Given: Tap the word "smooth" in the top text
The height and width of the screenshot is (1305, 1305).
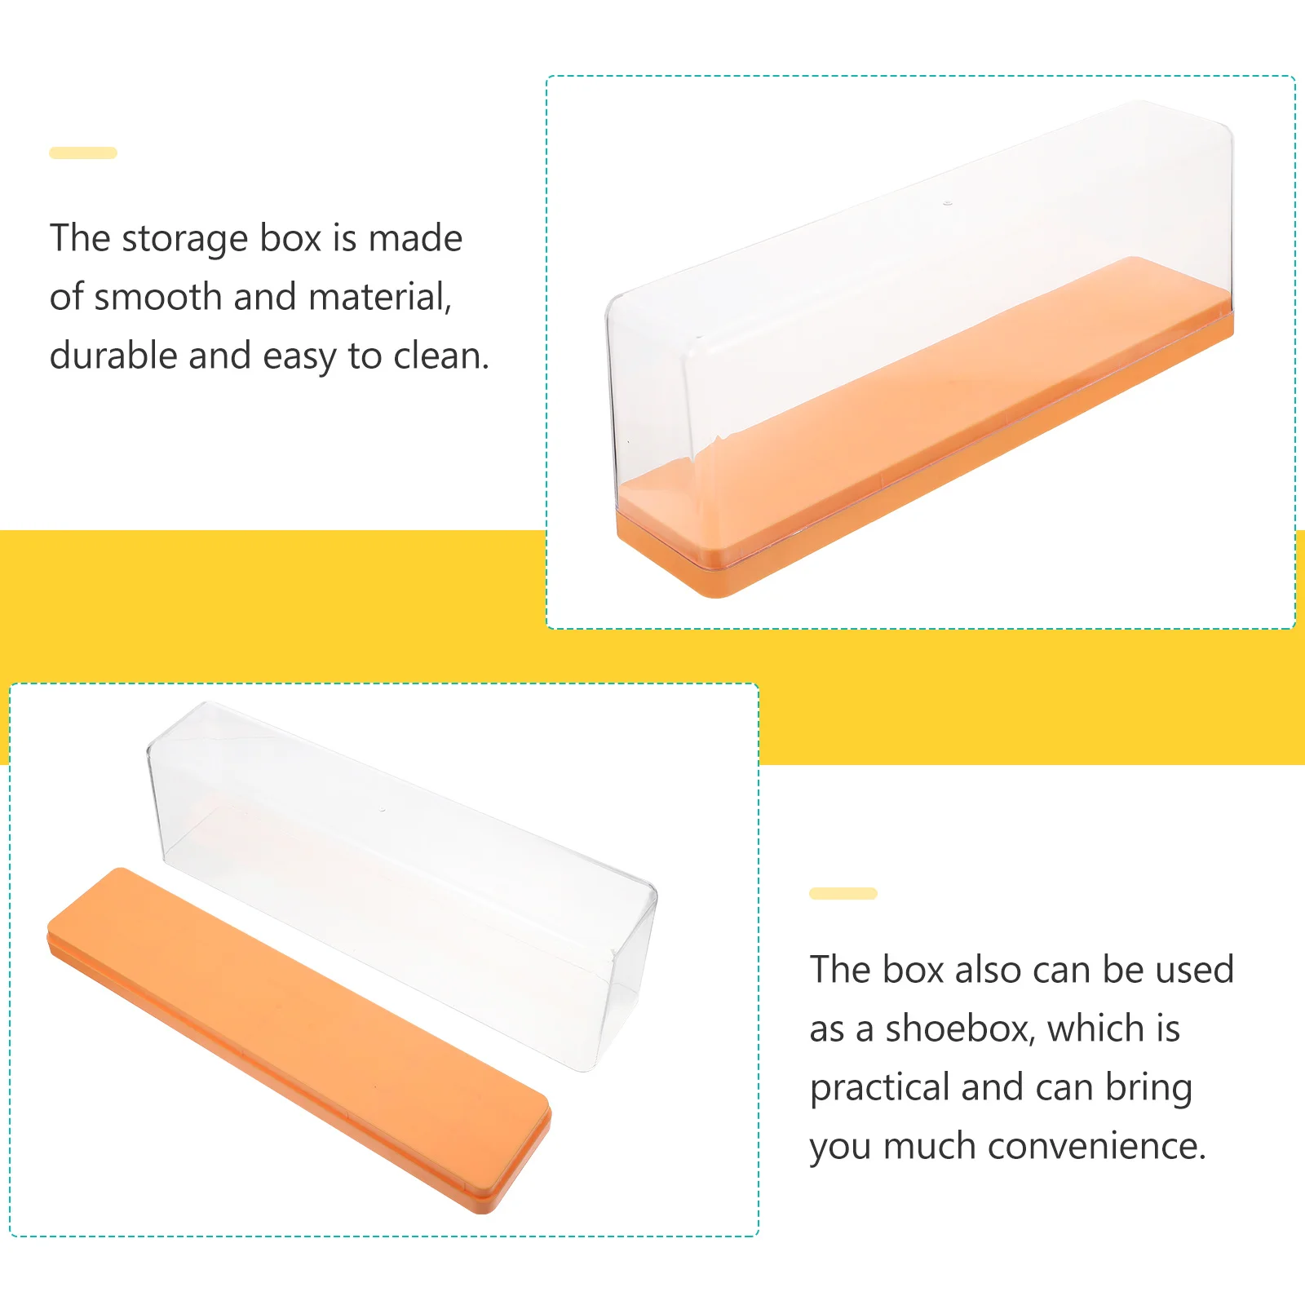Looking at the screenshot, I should coord(159,297).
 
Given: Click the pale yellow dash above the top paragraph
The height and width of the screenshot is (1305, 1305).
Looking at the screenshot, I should coord(83,153).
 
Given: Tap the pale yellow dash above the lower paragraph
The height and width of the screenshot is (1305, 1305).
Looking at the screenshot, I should coord(843,893).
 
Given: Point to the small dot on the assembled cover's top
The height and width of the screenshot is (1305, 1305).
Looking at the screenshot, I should coord(948,202).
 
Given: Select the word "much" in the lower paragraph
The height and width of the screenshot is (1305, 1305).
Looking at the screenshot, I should coord(929,1146).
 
